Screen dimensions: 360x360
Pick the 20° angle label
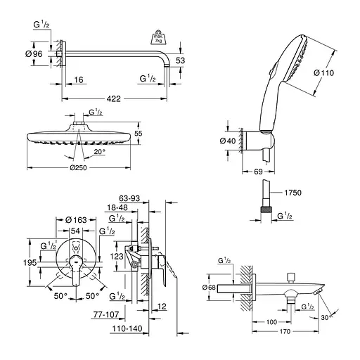99,151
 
